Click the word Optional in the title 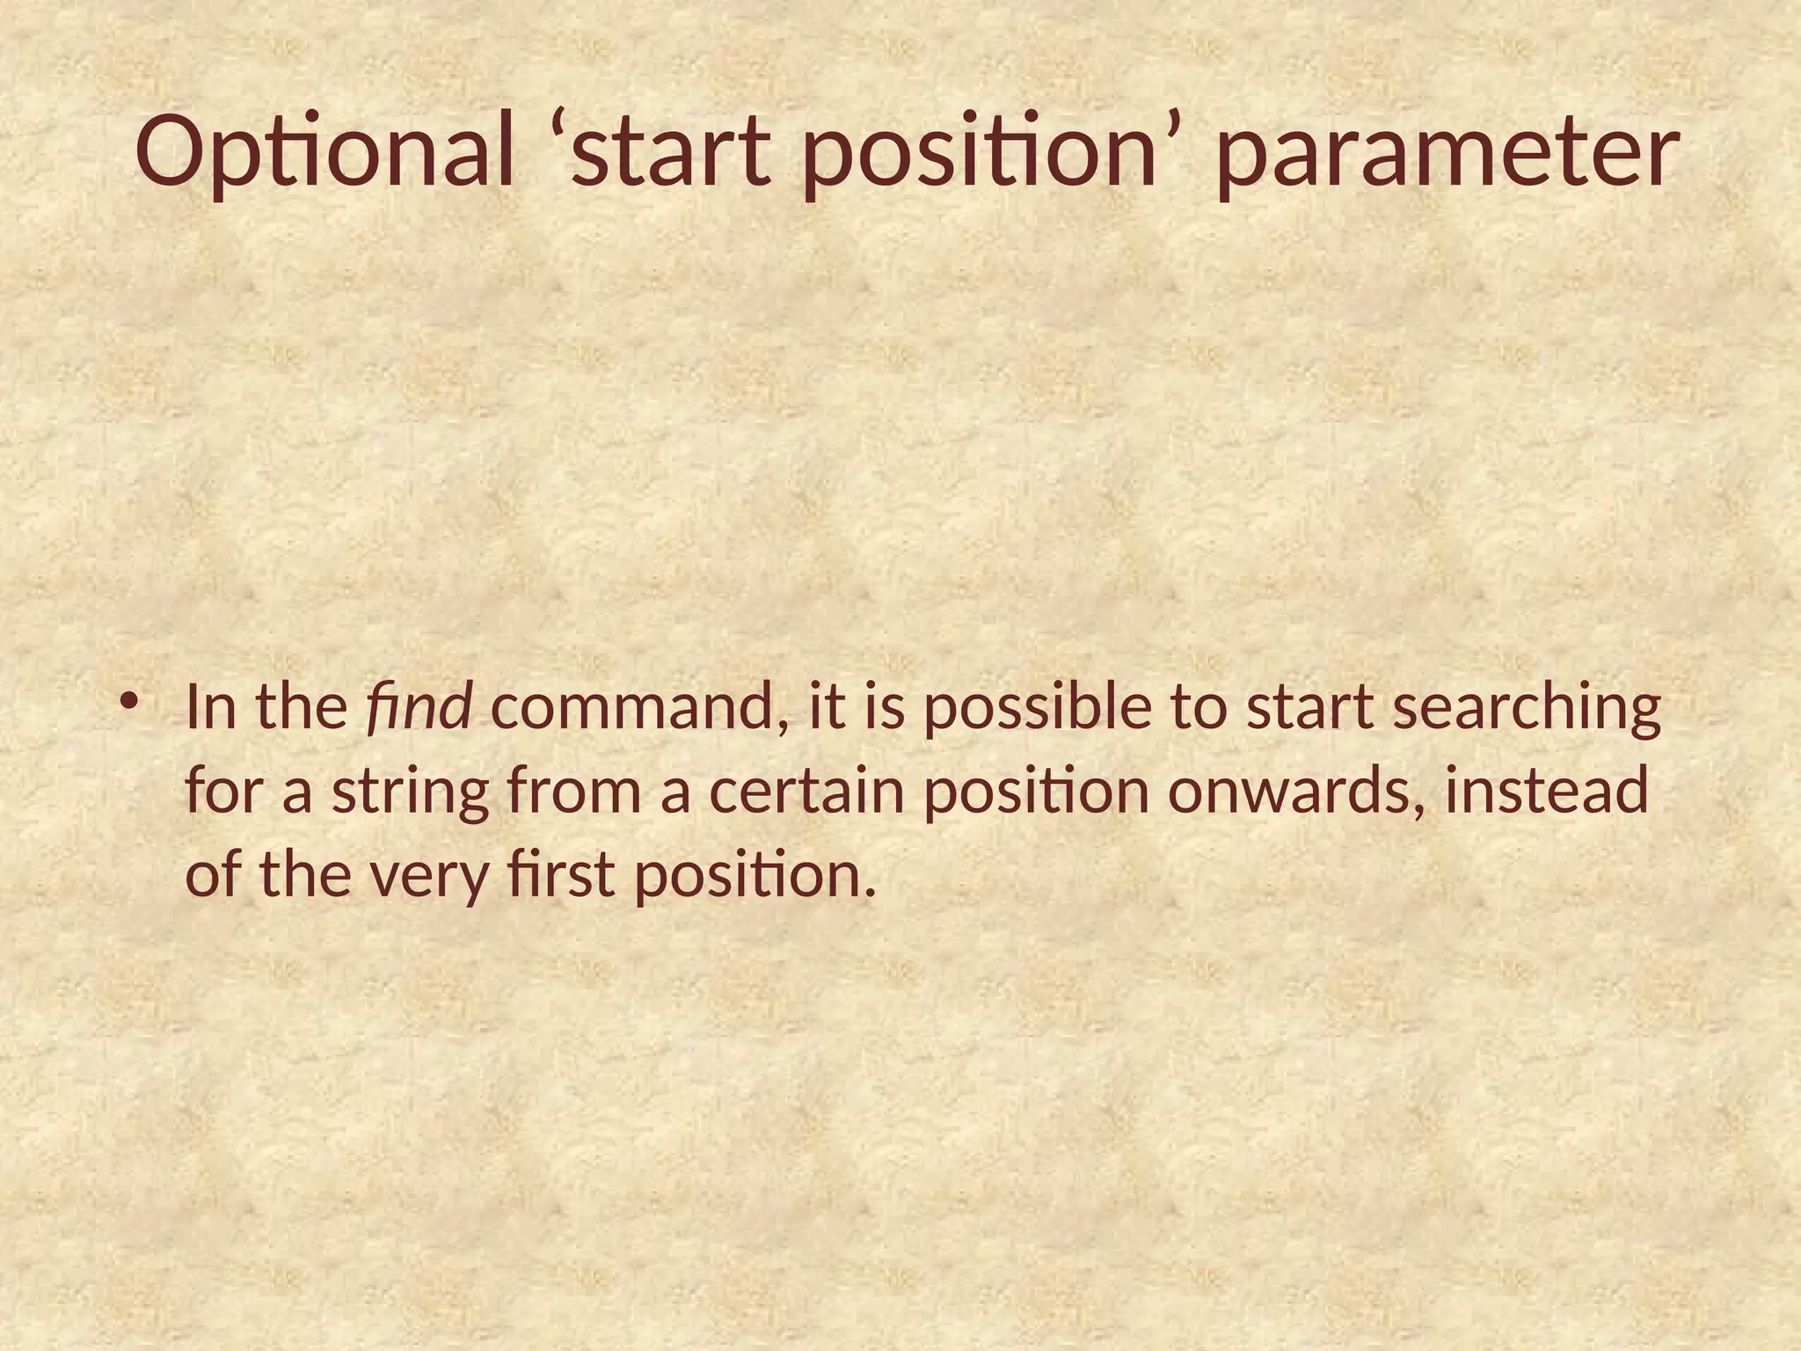(324, 155)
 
